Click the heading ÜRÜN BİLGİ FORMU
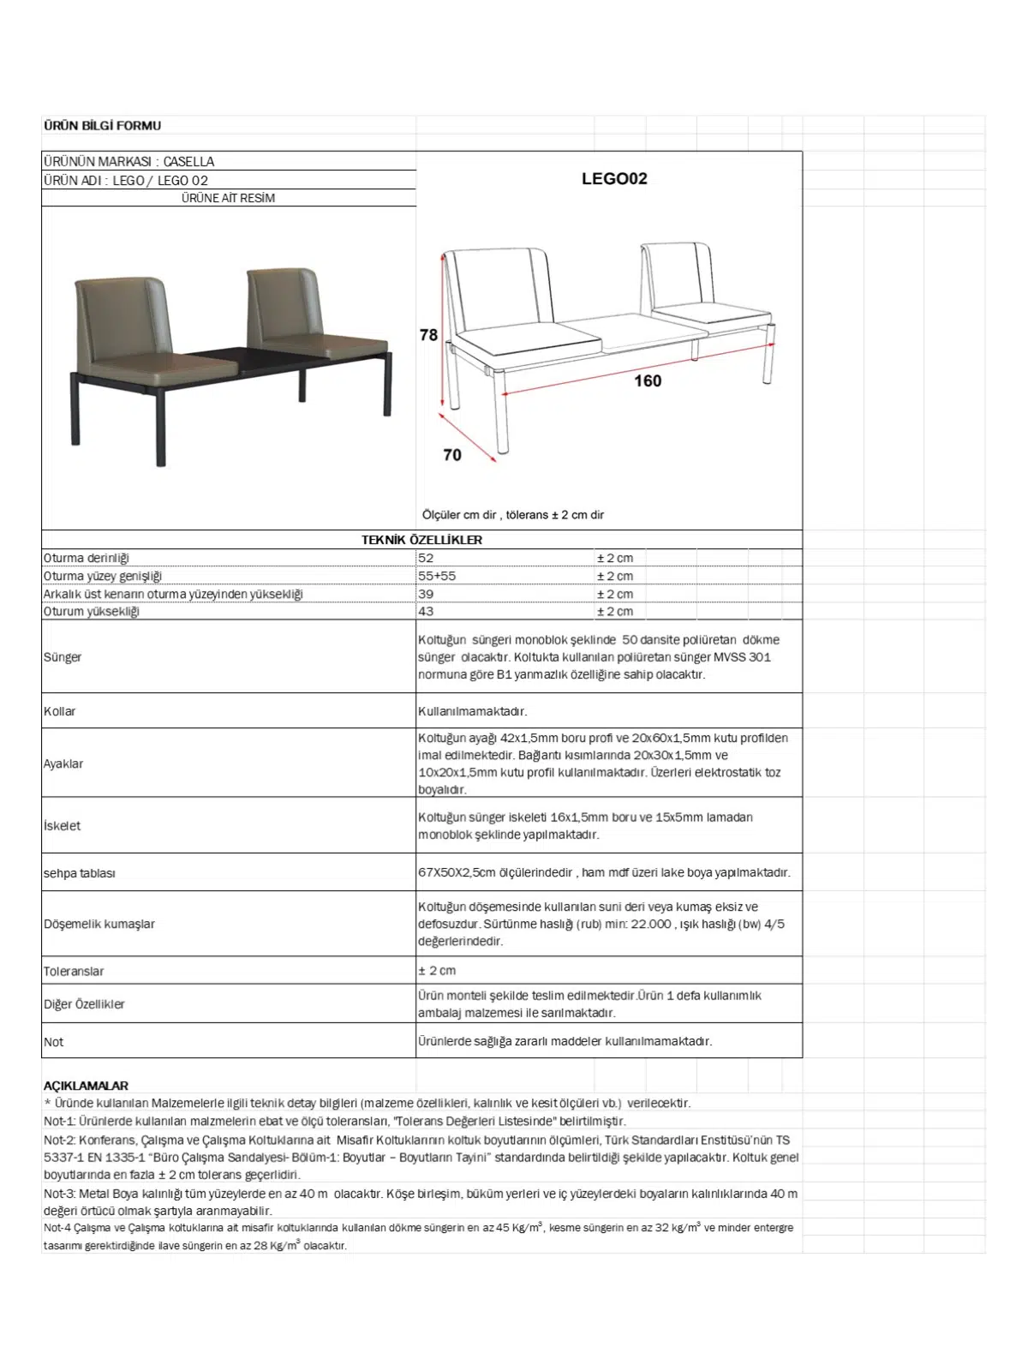coord(102,126)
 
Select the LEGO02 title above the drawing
coord(614,179)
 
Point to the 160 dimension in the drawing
coord(648,380)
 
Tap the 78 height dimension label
coord(428,335)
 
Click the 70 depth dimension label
coord(452,455)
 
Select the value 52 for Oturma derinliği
coord(426,558)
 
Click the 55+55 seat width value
coord(437,576)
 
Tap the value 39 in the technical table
coord(426,594)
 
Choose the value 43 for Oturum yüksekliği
coord(426,611)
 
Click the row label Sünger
coord(63,657)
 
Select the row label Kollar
coord(60,711)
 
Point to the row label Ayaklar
coord(63,763)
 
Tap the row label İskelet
coord(63,826)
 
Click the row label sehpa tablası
coord(80,873)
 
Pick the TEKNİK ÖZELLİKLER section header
coord(421,540)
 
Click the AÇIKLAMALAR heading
coord(86,1086)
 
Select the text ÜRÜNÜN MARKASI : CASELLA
coord(128,161)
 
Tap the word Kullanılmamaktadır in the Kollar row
coord(472,711)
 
